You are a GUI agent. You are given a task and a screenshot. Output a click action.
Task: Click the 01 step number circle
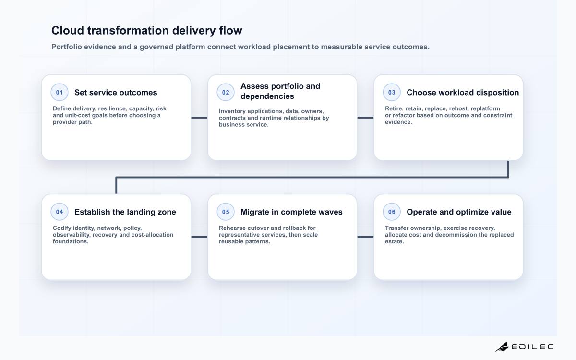click(60, 92)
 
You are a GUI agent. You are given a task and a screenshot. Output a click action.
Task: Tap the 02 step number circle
click(226, 92)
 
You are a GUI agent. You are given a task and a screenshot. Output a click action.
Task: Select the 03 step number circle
click(392, 92)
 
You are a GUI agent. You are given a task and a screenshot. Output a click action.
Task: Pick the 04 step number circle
click(60, 212)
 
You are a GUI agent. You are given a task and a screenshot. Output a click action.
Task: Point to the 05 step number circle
click(226, 212)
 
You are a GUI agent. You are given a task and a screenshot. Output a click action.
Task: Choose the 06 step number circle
click(392, 212)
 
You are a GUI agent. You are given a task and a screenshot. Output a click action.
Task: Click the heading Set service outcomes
click(116, 92)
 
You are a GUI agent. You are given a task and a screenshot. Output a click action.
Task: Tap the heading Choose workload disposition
click(463, 92)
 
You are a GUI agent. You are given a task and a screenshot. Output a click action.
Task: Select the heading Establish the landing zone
click(125, 212)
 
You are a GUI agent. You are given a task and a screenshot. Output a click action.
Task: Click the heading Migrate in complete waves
click(291, 212)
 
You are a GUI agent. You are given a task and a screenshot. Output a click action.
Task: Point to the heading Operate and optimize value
click(459, 212)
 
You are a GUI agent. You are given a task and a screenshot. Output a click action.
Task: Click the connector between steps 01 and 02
click(199, 118)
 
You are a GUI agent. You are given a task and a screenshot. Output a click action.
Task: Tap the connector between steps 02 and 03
click(365, 118)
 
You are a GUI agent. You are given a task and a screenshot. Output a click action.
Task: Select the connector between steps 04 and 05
click(199, 237)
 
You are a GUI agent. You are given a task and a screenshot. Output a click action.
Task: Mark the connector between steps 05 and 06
click(365, 237)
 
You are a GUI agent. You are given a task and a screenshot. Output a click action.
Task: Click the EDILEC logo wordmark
click(532, 347)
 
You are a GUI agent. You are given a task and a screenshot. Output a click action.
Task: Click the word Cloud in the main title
click(68, 30)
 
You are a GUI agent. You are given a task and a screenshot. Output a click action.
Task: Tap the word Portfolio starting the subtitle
click(67, 47)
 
